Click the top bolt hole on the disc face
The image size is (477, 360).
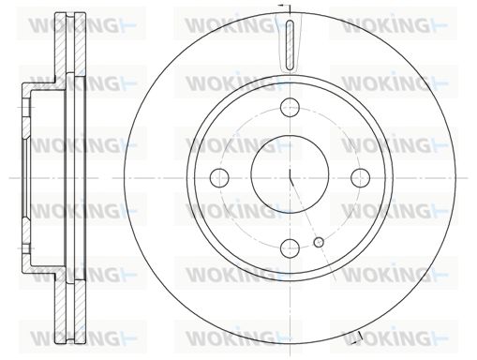(x=290, y=107)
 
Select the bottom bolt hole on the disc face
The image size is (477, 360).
(x=290, y=248)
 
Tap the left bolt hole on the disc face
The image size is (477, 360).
(x=219, y=177)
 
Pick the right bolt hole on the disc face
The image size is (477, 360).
(x=360, y=177)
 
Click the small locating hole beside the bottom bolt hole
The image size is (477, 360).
(x=319, y=242)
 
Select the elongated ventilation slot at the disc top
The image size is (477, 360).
(x=290, y=44)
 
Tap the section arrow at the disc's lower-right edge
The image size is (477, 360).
(x=358, y=337)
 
